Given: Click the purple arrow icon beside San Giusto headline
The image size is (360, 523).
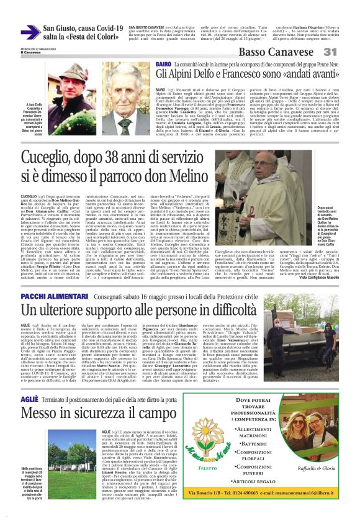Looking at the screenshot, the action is pos(30,32).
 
